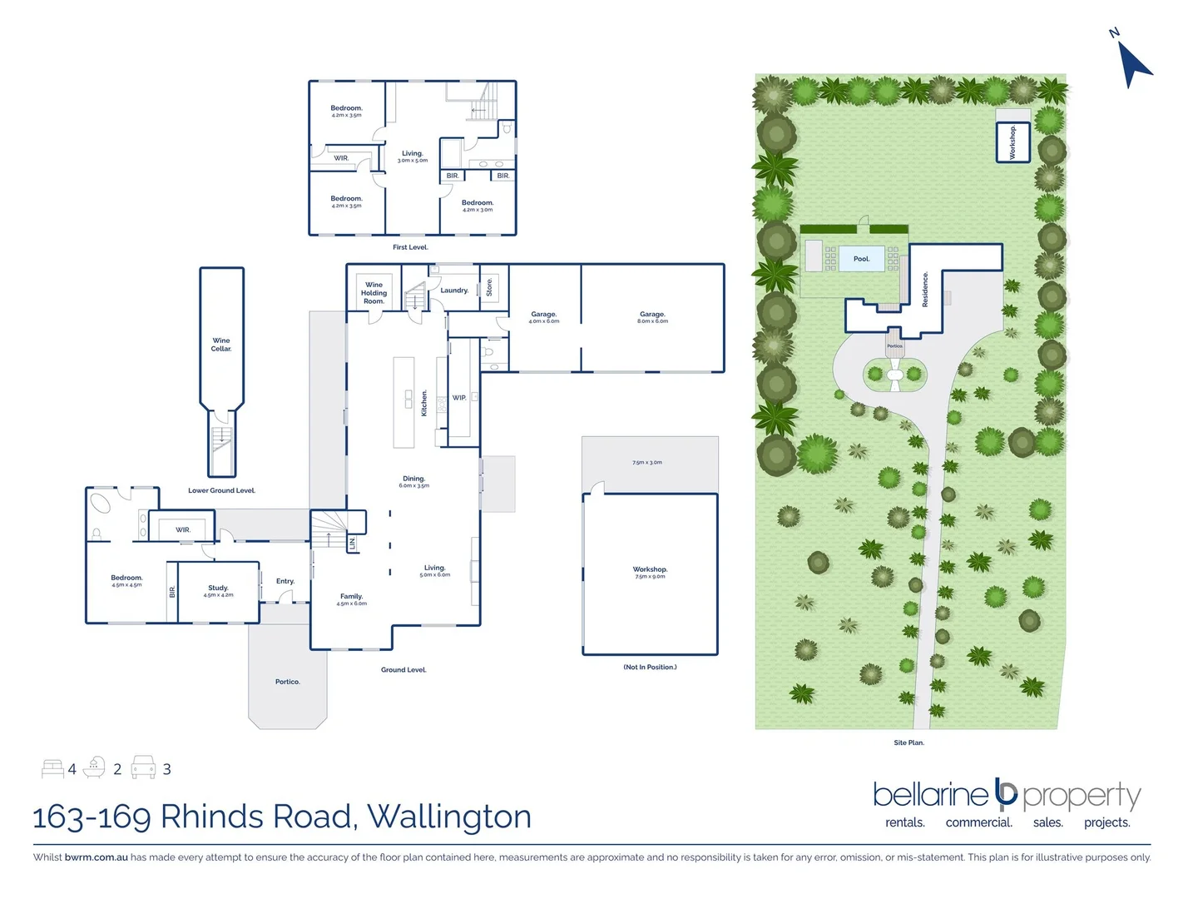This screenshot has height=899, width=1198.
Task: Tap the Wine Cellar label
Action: [221, 345]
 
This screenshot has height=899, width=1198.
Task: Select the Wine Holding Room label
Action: [374, 293]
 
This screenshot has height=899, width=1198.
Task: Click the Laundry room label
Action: [454, 291]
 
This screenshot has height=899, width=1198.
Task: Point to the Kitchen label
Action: [424, 403]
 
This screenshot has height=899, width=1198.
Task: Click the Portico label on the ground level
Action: [287, 682]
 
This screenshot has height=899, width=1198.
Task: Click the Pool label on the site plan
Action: [861, 259]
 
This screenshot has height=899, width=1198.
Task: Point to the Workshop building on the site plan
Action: [1013, 142]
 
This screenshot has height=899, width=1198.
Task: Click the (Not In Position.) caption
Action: [650, 667]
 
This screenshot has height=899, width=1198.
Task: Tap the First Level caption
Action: [410, 247]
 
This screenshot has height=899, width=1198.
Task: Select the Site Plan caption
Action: [908, 743]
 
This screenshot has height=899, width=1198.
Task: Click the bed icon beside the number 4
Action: [52, 768]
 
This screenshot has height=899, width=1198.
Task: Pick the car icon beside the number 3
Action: [143, 767]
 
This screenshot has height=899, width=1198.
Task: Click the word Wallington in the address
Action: [449, 817]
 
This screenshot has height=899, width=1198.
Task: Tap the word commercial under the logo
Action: [978, 822]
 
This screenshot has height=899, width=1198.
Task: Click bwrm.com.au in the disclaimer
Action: [97, 857]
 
